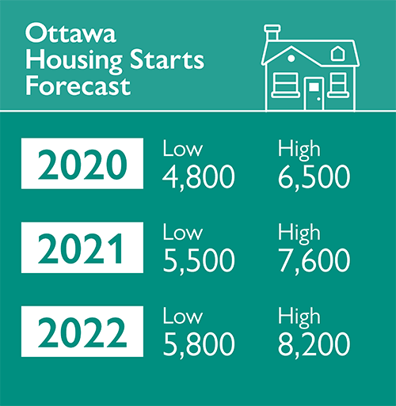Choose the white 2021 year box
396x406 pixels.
(82, 249)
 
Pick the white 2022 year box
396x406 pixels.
(82, 333)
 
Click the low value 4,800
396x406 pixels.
(199, 176)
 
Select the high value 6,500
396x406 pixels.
(314, 176)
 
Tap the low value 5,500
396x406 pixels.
(199, 260)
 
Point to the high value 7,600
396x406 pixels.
(314, 260)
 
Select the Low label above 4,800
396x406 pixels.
(183, 150)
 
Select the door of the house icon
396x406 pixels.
(313, 93)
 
